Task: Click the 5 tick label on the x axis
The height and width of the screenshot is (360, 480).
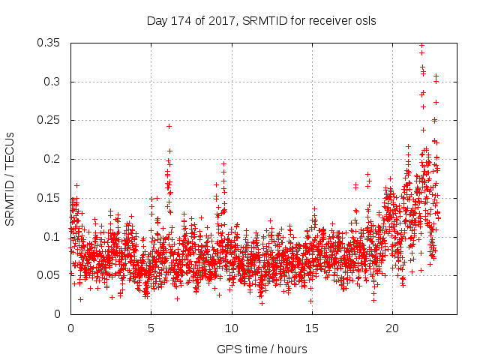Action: point(151,328)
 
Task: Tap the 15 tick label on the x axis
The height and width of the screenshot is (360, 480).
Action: point(311,328)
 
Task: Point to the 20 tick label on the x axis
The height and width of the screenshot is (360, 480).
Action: point(391,328)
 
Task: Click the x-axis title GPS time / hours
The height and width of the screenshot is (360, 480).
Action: point(261,349)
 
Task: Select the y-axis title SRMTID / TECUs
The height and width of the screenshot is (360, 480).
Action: point(10,178)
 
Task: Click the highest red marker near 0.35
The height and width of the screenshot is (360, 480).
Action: point(421,45)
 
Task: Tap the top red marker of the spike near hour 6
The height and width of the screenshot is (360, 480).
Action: point(169,126)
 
